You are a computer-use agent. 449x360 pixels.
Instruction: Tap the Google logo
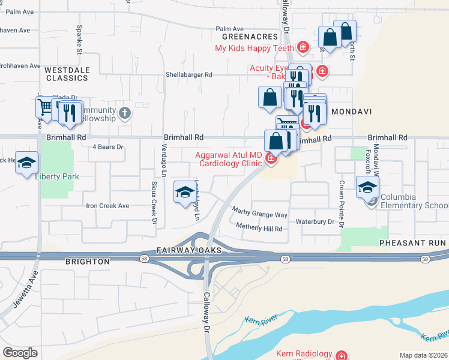pos(20,353)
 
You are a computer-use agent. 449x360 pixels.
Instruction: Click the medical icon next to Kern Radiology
pos(342,356)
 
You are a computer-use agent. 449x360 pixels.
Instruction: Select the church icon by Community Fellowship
pos(124,113)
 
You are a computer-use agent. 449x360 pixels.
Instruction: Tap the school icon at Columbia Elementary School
pos(367,187)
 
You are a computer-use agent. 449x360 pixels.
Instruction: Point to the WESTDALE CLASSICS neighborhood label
pos(67,74)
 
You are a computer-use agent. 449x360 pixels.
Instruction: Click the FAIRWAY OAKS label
pos(181,250)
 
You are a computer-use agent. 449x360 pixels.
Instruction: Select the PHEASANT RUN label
pos(412,242)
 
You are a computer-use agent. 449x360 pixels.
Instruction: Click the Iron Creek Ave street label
pos(108,206)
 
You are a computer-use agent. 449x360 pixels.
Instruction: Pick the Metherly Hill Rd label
pos(259,228)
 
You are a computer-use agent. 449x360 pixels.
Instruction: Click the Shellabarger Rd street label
pos(190,75)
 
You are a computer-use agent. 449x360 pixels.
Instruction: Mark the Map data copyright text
pos(423,355)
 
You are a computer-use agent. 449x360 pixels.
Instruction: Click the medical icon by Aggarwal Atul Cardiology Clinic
pos(271,158)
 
